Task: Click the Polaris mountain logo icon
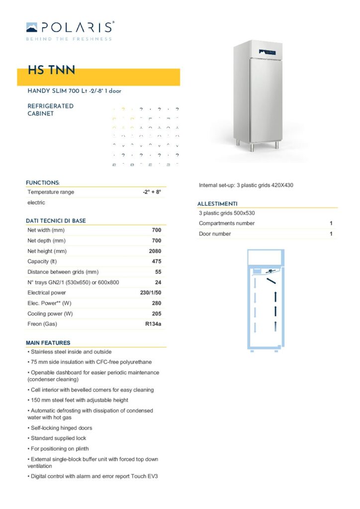coord(31,27)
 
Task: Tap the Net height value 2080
coord(155,251)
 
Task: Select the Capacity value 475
coord(156,261)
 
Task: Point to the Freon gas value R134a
coord(153,324)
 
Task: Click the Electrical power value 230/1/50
coord(151,293)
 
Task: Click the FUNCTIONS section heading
coord(43,183)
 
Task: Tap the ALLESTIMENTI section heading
coord(217,204)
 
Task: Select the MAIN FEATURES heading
coord(48,342)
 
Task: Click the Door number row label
coord(215,234)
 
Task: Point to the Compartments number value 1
coord(331,223)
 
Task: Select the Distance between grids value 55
coord(158,272)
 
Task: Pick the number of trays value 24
coord(158,282)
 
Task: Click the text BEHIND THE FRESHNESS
coord(69,39)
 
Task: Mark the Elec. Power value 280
coord(156,303)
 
